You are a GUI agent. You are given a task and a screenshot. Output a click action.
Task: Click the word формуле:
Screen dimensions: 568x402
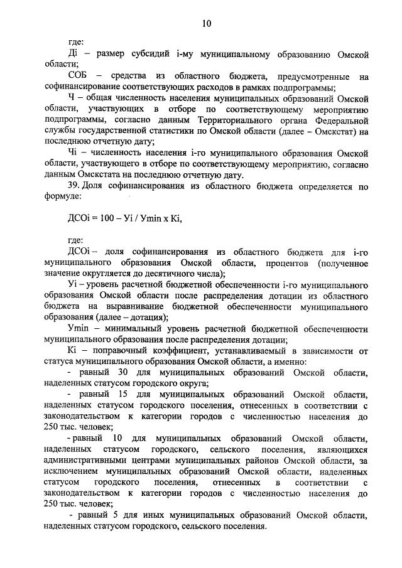click(x=63, y=197)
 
